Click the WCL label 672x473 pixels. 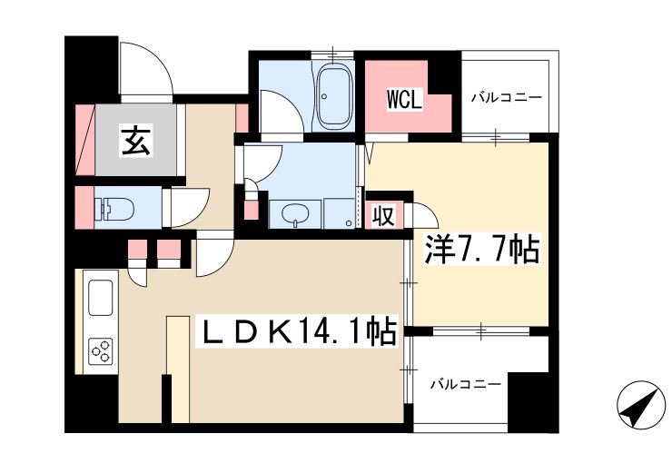(405, 100)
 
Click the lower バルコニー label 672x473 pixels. (466, 385)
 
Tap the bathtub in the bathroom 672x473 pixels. (335, 95)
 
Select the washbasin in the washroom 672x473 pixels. (295, 215)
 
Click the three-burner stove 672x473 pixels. (100, 350)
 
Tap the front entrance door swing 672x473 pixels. (143, 68)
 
